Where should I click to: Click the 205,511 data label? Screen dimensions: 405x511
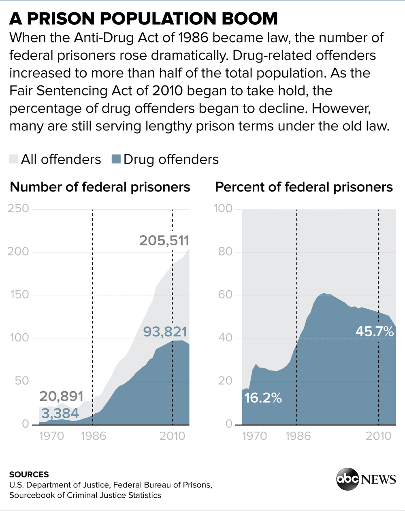(x=164, y=241)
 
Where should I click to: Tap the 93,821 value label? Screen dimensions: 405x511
(x=165, y=332)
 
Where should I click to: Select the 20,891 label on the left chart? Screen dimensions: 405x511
(x=61, y=396)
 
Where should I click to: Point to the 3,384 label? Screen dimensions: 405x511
(x=60, y=413)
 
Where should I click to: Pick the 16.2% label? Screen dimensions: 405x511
(x=263, y=398)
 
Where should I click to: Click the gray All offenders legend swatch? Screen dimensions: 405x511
(x=14, y=159)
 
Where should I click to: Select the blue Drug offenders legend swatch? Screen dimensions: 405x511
(x=116, y=159)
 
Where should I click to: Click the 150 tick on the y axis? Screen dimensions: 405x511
(x=19, y=295)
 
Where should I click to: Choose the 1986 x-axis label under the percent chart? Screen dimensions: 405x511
(x=298, y=436)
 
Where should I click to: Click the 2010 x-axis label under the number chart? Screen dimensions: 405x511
(x=172, y=436)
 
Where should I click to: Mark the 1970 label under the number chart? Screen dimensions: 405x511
(x=51, y=436)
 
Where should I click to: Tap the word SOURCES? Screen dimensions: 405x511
(x=29, y=475)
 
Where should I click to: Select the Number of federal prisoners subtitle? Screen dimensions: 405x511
(x=100, y=187)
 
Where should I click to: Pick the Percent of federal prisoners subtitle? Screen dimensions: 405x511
(x=304, y=187)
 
